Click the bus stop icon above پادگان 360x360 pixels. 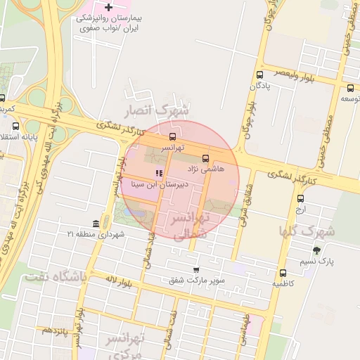(260, 75)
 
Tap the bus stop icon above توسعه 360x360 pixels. (350, 88)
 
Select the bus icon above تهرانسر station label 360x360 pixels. (173, 136)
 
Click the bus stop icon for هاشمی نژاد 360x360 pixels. (205, 158)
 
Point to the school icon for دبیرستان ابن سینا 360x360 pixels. (159, 173)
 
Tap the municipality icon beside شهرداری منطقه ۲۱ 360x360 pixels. (96, 224)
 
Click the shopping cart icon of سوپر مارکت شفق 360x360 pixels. (196, 269)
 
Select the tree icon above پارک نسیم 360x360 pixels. (316, 250)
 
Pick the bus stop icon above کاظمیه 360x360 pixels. (283, 273)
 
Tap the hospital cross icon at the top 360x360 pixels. (108, 6)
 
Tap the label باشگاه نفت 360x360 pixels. (56, 277)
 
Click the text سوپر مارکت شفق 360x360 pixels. (197, 280)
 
